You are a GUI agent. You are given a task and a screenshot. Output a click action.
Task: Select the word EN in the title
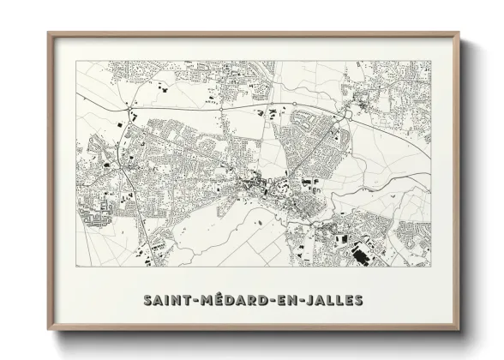[286, 300]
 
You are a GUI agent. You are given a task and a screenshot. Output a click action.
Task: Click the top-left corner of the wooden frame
[48, 33]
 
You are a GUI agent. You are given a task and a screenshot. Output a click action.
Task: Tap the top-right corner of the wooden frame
[459, 33]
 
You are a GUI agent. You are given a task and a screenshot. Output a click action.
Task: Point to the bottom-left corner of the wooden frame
[48, 330]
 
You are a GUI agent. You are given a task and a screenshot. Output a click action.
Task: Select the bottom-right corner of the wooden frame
[459, 330]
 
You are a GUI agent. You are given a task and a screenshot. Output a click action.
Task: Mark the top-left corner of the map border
[75, 61]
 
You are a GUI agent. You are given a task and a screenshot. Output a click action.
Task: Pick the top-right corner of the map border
[431, 61]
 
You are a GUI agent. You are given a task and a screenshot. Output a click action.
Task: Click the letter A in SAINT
[160, 300]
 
